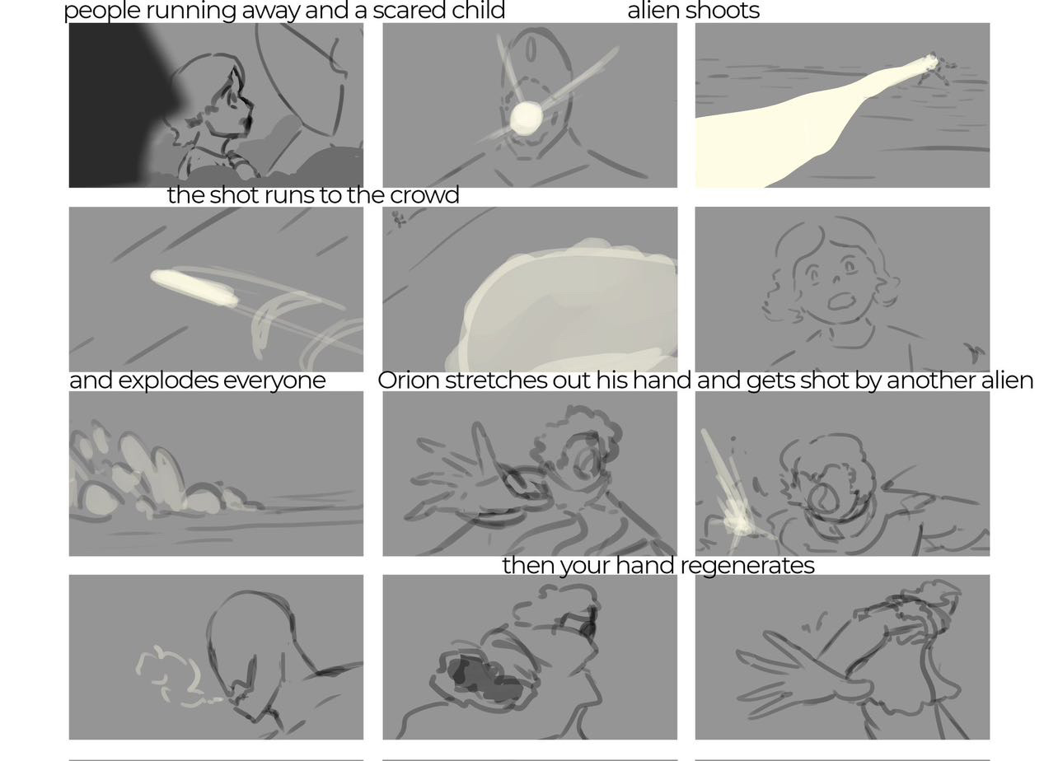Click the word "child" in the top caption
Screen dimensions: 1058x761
click(x=478, y=11)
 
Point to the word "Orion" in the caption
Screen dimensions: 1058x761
click(x=409, y=380)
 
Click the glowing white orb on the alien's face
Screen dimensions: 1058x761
click(x=526, y=118)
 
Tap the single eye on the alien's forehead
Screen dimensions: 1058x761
click(x=531, y=49)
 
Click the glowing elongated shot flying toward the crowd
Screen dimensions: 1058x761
click(x=194, y=287)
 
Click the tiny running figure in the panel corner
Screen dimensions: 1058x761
click(x=399, y=218)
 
